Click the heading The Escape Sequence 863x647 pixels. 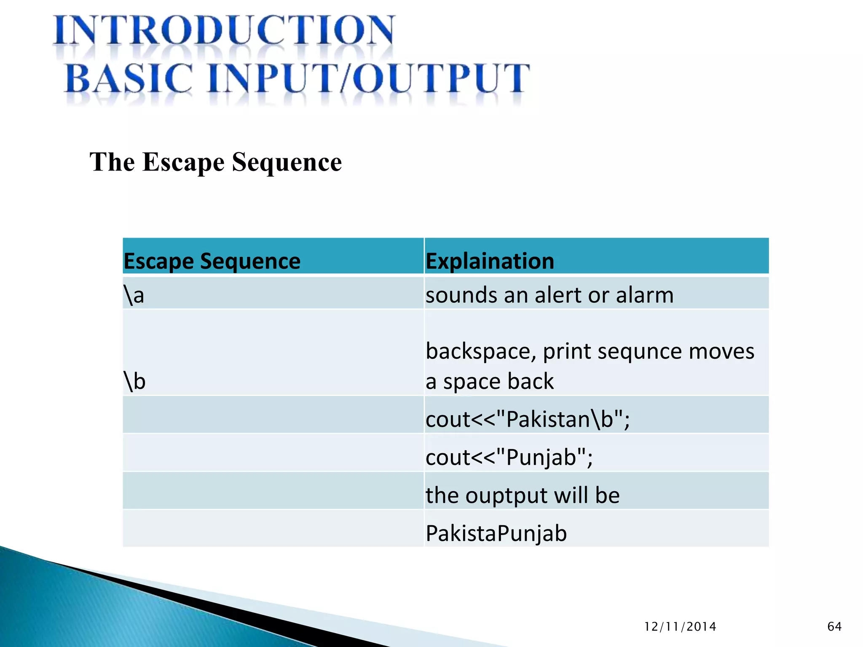215,162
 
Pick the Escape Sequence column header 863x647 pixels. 212,261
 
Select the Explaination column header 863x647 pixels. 490,261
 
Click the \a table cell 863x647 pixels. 134,295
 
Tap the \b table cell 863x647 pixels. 135,381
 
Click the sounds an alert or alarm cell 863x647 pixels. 549,295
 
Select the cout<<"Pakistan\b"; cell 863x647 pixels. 527,419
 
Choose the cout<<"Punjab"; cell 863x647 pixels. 509,457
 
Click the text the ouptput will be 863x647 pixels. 523,495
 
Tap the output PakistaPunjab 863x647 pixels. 496,533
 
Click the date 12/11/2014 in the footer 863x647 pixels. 680,627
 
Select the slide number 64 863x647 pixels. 834,627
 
